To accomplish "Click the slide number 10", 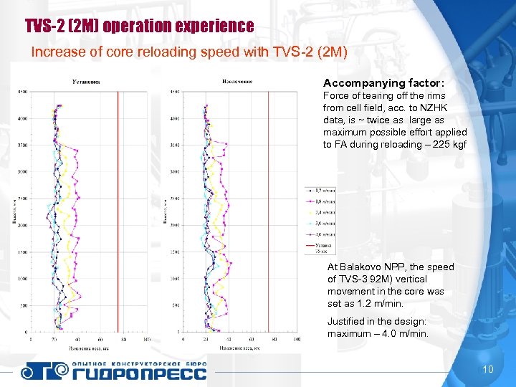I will point(488,370).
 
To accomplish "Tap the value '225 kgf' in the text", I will point(449,144).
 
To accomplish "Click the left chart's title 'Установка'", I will point(86,81).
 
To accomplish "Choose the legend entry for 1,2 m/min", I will point(321,191).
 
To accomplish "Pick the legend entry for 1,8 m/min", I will point(321,201).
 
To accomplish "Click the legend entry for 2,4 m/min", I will point(321,212).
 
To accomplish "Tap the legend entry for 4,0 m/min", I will point(321,234).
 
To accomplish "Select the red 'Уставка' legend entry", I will point(321,247).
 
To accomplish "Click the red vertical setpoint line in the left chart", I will point(118,215).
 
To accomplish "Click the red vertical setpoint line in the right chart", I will point(268,215).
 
